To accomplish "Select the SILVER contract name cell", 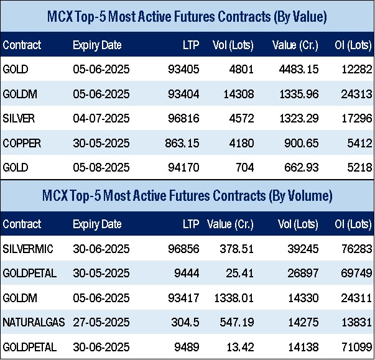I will click(x=19, y=119).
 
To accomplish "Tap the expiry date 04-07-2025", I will click(x=101, y=119).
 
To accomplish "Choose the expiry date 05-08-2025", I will click(x=101, y=168).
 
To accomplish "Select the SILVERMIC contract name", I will click(x=28, y=249).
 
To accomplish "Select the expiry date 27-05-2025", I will click(x=101, y=323).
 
